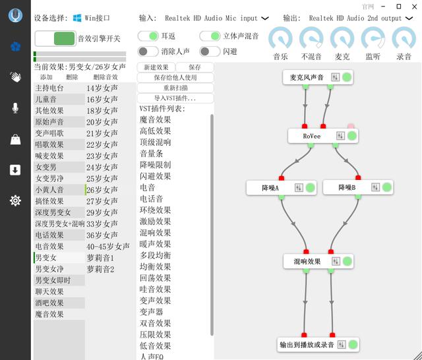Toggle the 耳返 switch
[x=148, y=36]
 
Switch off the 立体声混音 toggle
[x=210, y=36]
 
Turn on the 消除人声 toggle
[x=148, y=51]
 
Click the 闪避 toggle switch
[x=210, y=51]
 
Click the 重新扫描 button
[x=175, y=88]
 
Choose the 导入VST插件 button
[x=175, y=98]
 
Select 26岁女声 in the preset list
[x=102, y=189]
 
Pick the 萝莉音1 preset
[x=100, y=257]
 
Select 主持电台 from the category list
[x=49, y=88]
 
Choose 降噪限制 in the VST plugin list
[x=156, y=165]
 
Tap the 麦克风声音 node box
[x=307, y=78]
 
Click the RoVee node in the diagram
[x=312, y=136]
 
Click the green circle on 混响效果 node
[x=346, y=262]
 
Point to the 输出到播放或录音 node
[x=308, y=344]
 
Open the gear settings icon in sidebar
[x=15, y=200]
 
